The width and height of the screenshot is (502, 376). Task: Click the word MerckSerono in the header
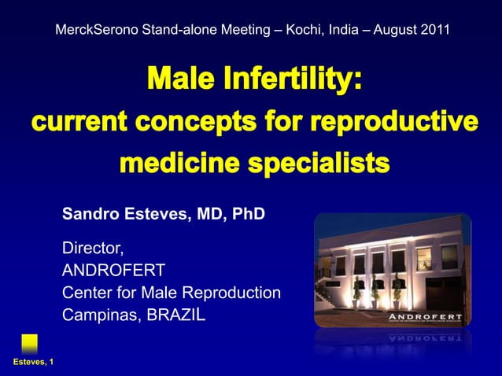(x=96, y=31)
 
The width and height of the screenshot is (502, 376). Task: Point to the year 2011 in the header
(x=435, y=31)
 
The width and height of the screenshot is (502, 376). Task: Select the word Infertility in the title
(x=290, y=81)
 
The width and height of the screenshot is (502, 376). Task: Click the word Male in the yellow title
(x=178, y=81)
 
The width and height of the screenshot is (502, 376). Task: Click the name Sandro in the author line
(x=88, y=213)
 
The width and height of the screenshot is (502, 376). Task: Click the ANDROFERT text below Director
(x=113, y=271)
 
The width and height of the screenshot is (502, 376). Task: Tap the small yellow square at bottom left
(x=29, y=342)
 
